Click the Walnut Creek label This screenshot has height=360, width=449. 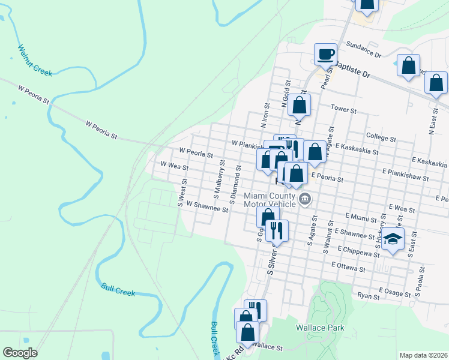click(x=35, y=61)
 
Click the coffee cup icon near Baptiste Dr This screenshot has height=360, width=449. click(x=325, y=54)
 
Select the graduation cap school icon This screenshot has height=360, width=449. click(x=393, y=239)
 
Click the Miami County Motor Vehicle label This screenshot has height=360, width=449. click(x=270, y=200)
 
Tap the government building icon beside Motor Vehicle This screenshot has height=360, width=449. click(x=306, y=199)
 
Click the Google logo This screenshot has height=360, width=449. click(x=20, y=353)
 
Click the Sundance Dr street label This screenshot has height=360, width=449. click(x=364, y=50)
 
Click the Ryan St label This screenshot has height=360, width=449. click(x=368, y=296)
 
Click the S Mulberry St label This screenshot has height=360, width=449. click(x=218, y=178)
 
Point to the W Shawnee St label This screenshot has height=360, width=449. click(x=207, y=208)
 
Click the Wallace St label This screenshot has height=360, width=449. click(x=267, y=347)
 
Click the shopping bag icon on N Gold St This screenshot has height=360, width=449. click(x=299, y=105)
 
